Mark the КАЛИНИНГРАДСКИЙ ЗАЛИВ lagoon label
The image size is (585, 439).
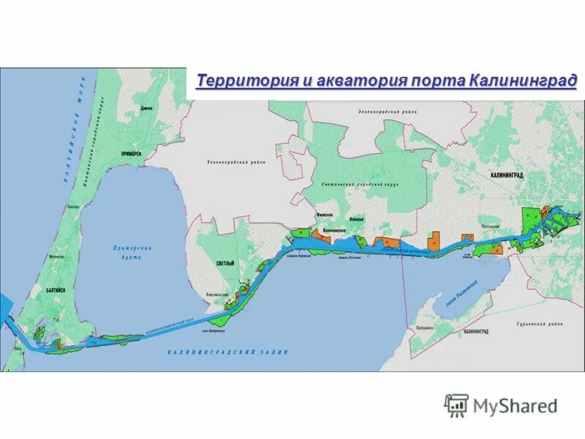pyautogui.click(x=227, y=352)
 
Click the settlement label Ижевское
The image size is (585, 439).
pyautogui.click(x=324, y=214)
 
